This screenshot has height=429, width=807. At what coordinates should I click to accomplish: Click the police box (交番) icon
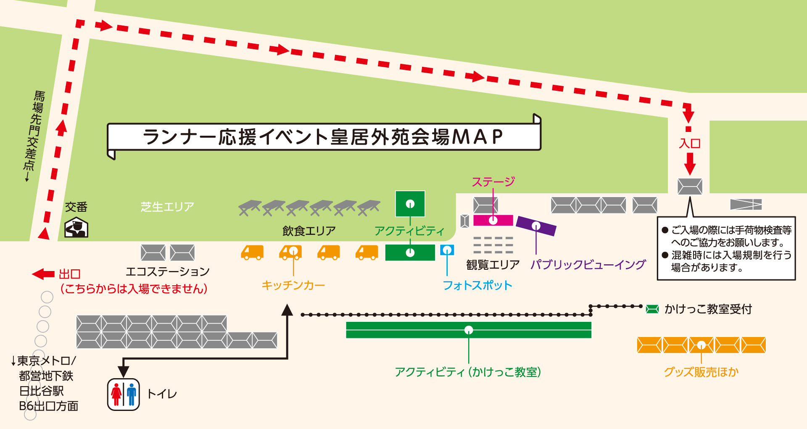point(76,227)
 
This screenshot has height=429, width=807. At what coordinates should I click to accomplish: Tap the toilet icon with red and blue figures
point(123,394)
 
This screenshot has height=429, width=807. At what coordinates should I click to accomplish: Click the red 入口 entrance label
point(690,144)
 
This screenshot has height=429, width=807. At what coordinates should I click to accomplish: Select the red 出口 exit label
point(69,274)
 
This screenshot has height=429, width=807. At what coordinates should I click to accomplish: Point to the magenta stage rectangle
point(493,220)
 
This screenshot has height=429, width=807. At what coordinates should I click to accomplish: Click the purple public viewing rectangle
point(536,226)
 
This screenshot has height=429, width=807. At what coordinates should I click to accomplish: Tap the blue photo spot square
point(447,250)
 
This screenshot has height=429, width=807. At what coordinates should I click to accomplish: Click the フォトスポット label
point(477,285)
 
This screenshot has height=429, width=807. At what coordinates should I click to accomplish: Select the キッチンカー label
point(293,285)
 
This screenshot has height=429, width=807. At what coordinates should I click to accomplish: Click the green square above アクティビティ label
point(410,204)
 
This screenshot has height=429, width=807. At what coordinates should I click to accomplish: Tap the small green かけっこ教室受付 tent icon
point(652,309)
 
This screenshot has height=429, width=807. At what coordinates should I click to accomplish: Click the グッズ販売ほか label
point(701,372)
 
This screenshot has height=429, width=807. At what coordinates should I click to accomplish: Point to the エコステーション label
point(168,272)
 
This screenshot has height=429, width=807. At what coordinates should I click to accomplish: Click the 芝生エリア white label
point(167,207)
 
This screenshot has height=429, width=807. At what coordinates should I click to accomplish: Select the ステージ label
point(493,182)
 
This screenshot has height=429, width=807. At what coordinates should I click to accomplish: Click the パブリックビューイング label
point(588,265)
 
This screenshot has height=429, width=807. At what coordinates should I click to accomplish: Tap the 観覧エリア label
point(493,265)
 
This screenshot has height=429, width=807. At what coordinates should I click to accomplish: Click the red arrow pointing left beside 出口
point(43,274)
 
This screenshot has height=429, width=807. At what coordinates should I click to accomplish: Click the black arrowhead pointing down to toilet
point(123,371)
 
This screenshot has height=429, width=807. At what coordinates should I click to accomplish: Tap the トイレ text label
point(162,394)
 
